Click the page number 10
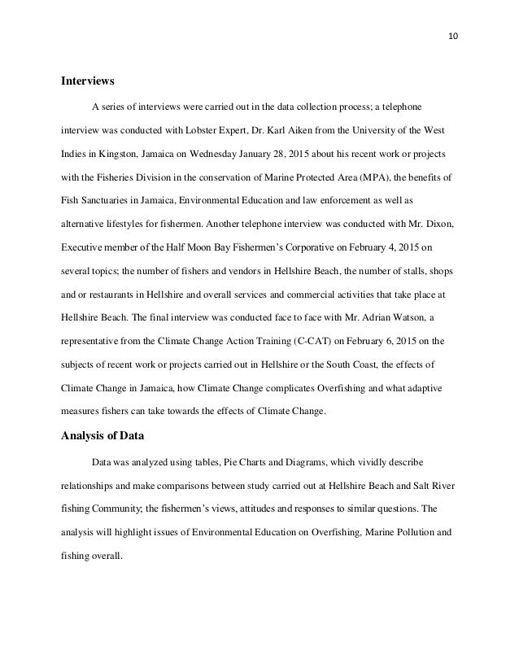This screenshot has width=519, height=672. (x=452, y=36)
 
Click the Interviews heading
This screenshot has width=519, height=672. (x=88, y=81)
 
